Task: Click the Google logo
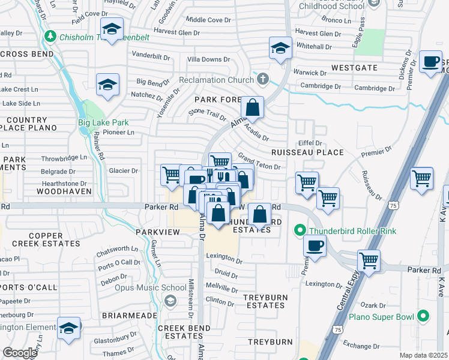tap(20, 353)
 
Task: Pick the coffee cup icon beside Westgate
tap(430, 62)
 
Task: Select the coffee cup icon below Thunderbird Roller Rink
tap(315, 245)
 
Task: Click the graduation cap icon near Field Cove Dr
tap(111, 29)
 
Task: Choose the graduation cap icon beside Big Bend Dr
tap(107, 85)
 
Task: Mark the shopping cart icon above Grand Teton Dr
tap(220, 162)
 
